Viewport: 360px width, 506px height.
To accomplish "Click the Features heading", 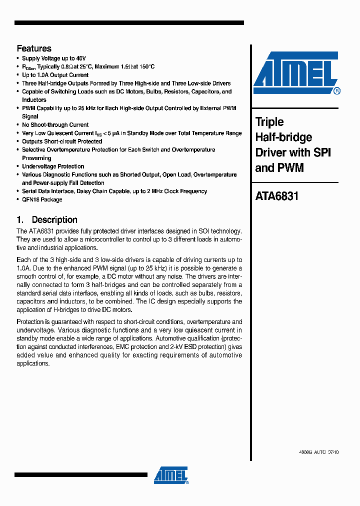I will pyautogui.click(x=34, y=48).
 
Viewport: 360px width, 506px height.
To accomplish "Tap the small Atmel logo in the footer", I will pyautogui.click(x=171, y=475).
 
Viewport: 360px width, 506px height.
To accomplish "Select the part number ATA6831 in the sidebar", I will pyautogui.click(x=276, y=196).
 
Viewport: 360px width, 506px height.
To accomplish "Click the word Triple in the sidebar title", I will pyautogui.click(x=269, y=122).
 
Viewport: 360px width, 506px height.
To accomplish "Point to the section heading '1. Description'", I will pyautogui.click(x=47, y=219).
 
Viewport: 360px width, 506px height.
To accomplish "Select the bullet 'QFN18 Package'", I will pyautogui.click(x=42, y=199).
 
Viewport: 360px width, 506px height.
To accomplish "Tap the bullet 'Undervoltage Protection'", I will pyautogui.click(x=53, y=166).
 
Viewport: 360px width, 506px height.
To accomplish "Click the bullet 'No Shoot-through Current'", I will pyautogui.click(x=55, y=125).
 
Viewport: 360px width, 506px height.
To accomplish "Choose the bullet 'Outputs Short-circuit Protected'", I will pyautogui.click(x=62, y=141).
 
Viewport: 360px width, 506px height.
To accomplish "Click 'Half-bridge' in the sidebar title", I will pyautogui.click(x=283, y=137).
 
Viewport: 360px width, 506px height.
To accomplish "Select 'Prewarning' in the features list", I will pyautogui.click(x=36, y=158).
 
